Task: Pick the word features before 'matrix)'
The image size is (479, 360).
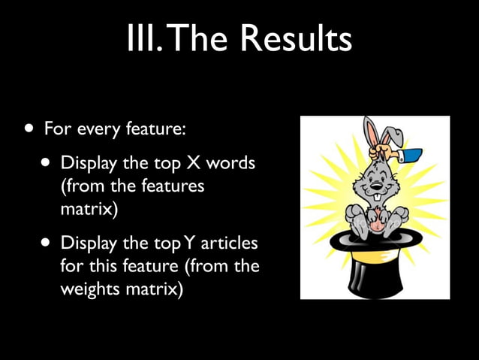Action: tap(168, 185)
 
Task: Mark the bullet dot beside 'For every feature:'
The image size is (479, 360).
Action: tap(28, 129)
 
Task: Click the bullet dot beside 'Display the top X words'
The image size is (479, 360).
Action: tap(47, 163)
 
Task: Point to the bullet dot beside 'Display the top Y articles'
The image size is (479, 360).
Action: tap(47, 244)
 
